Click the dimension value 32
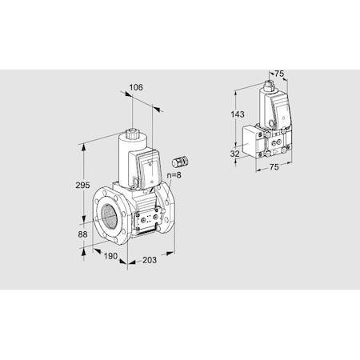(235, 154)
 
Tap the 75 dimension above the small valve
(278, 74)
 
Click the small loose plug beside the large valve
(179, 162)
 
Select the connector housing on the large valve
(153, 167)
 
